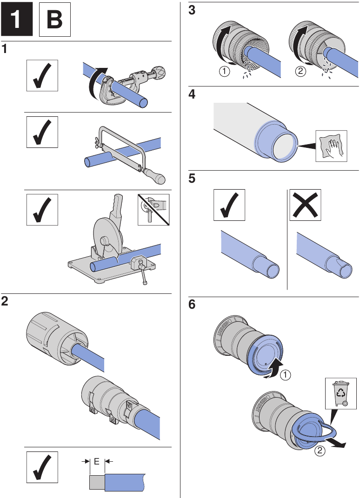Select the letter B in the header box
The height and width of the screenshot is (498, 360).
pos(55,21)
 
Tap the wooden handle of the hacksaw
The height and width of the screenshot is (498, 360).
pos(156,177)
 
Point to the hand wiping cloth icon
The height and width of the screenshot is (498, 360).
pos(332,146)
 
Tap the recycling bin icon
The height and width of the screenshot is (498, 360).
pos(341,393)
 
